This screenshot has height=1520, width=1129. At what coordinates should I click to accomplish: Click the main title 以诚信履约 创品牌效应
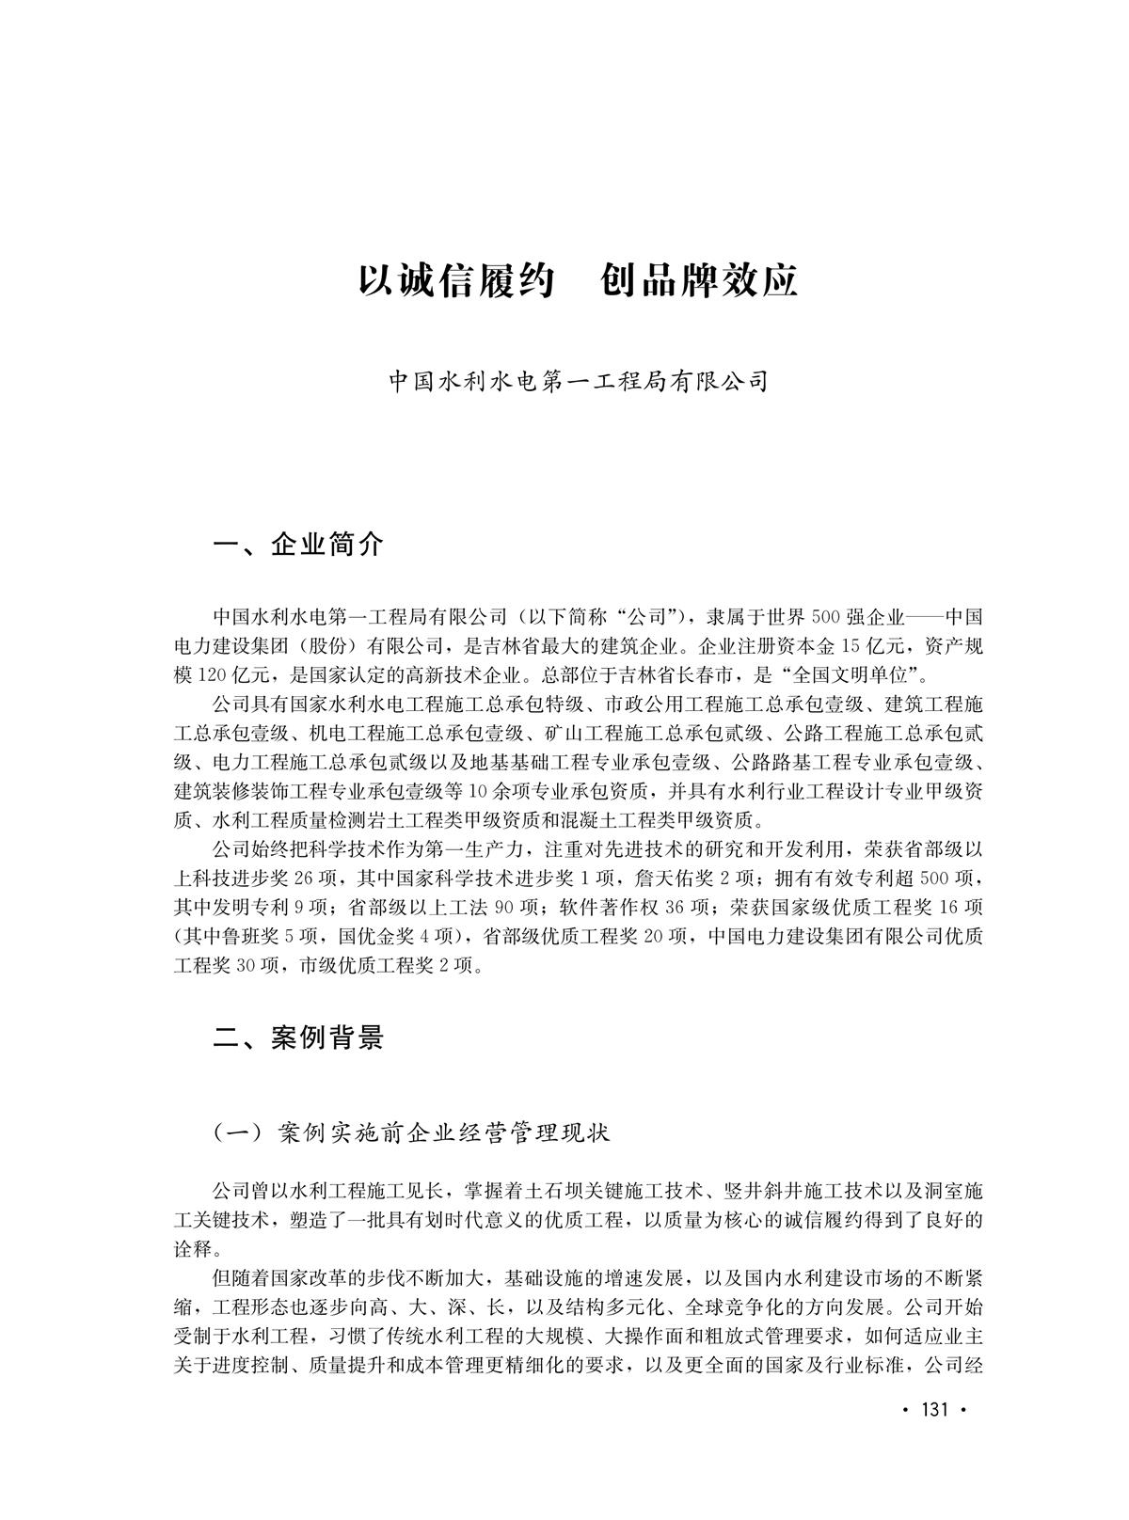[578, 280]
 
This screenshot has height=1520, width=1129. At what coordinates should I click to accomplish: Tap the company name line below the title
[580, 382]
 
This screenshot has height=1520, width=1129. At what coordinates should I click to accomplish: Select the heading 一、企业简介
[298, 544]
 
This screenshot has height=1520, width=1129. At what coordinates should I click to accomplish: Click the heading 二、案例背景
[298, 1037]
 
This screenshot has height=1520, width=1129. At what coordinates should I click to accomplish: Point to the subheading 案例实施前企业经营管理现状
[444, 1132]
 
